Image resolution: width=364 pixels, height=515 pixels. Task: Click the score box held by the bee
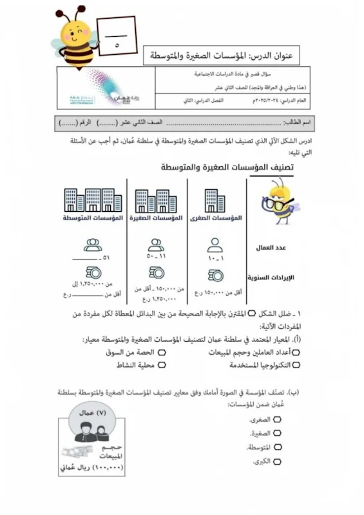[x=116, y=37]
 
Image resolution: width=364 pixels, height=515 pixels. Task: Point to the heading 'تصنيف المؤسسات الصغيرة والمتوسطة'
[x=226, y=168]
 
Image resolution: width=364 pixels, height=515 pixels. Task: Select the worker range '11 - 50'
[x=155, y=256]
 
